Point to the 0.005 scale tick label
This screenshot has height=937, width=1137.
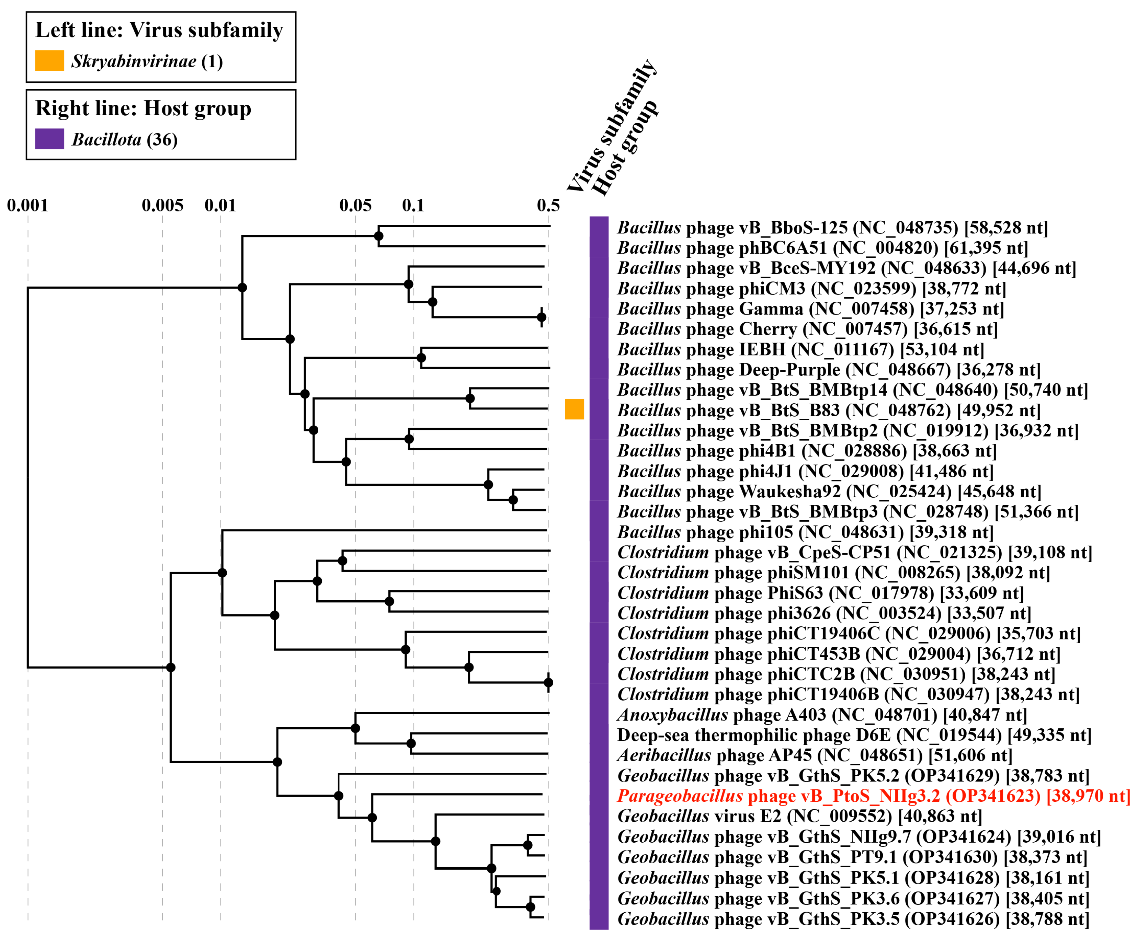click(x=162, y=205)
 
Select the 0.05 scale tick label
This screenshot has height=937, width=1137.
click(x=355, y=205)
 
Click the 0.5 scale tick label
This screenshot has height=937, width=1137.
click(x=548, y=205)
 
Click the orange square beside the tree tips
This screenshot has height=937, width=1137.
click(x=575, y=409)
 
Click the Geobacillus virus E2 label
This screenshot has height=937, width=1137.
click(x=799, y=816)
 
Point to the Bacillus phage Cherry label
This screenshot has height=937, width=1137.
click(x=807, y=329)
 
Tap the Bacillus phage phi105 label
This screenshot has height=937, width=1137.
click(x=805, y=532)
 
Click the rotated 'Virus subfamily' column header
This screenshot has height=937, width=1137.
click(x=612, y=125)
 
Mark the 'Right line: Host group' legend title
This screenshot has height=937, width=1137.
click(x=143, y=108)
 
